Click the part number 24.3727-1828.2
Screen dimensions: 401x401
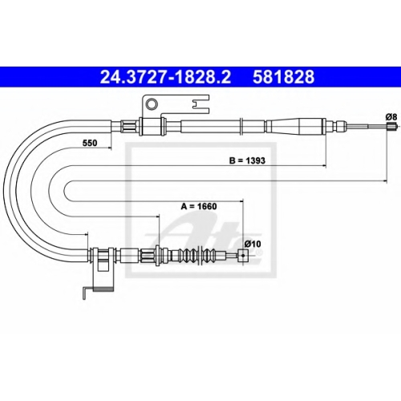(x=165, y=77)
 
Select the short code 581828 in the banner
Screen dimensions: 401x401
(x=284, y=77)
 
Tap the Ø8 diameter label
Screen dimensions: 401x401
(x=391, y=117)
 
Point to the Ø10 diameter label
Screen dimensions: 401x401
(x=253, y=244)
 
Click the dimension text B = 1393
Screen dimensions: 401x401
(x=247, y=160)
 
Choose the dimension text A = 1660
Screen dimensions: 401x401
(x=199, y=206)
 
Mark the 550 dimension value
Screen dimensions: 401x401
(x=90, y=143)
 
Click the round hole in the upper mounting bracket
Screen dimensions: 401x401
(x=152, y=103)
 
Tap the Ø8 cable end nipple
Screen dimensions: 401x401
(x=391, y=126)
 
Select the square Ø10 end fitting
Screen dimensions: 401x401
(x=243, y=255)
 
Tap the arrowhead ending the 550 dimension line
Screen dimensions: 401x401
(x=109, y=148)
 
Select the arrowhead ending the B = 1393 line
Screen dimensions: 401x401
(x=324, y=166)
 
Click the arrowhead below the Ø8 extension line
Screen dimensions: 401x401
(x=385, y=181)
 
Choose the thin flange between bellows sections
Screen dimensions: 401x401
(x=198, y=255)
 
